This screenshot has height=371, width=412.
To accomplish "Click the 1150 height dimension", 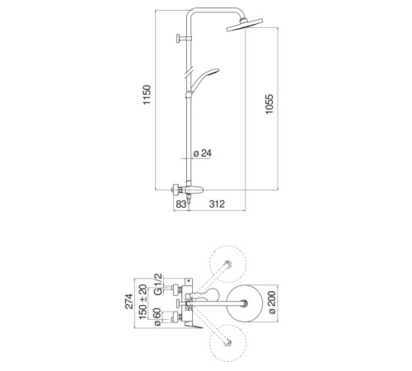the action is pos(147,95).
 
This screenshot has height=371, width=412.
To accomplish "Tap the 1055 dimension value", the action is pos(269,104).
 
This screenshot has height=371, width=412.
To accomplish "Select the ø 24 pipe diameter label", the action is pos(203,153).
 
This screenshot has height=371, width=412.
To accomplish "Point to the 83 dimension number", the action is pos(181,204).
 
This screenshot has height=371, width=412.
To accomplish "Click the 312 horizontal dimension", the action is pos(217,204).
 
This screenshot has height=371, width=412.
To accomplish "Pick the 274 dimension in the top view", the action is pos(129,302).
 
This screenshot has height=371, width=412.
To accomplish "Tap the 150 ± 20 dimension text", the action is pos(143,302).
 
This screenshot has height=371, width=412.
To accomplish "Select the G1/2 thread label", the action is pos(158,284).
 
